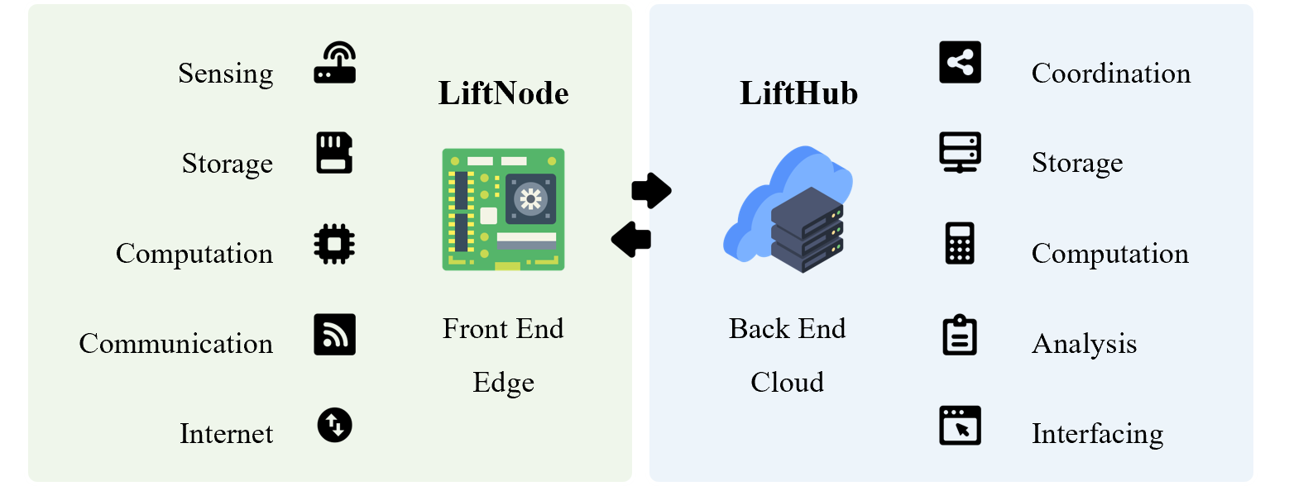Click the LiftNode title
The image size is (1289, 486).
pos(503,93)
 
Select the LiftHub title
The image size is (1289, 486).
pos(798,93)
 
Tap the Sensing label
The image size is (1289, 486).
pos(226,74)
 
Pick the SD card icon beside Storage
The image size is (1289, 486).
pos(334,153)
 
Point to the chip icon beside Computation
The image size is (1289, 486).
pos(334,244)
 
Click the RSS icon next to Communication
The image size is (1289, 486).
pos(334,335)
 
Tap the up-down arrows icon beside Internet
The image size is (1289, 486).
pos(334,425)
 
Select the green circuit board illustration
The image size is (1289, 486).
pos(503,209)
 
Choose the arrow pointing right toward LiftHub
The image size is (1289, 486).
pos(652,190)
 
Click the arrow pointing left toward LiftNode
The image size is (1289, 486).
pos(630,240)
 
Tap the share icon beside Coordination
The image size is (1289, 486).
pos(960,63)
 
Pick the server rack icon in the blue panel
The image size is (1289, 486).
pos(960,153)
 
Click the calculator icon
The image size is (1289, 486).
pos(960,244)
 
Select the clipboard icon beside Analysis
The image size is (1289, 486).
pos(960,335)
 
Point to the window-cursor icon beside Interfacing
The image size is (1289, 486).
pos(960,425)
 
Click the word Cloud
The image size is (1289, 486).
pos(787,383)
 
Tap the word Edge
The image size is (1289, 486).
pos(503,383)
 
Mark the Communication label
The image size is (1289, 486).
pos(176,343)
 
